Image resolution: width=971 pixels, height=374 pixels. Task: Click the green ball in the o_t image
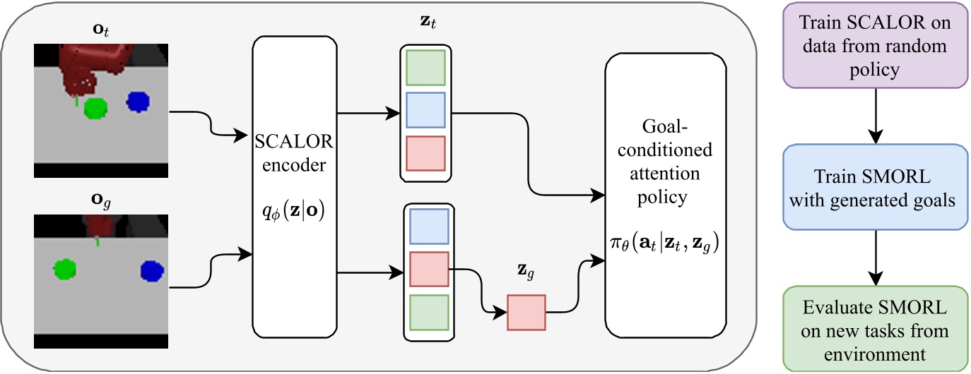click(x=95, y=108)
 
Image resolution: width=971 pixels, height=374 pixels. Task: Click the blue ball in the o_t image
click(x=139, y=102)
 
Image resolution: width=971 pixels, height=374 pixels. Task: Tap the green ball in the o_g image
click(x=64, y=268)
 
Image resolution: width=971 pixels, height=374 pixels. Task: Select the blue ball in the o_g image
click(x=151, y=270)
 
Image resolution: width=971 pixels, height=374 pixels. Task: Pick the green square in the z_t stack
click(x=425, y=68)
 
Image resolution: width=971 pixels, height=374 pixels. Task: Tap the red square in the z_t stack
click(x=425, y=153)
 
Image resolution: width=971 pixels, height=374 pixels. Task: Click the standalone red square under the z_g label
click(x=526, y=312)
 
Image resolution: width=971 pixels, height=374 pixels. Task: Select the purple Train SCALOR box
click(x=875, y=45)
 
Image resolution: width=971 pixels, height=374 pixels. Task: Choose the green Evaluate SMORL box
click(x=875, y=328)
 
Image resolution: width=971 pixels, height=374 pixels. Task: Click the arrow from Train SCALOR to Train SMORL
click(x=875, y=116)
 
